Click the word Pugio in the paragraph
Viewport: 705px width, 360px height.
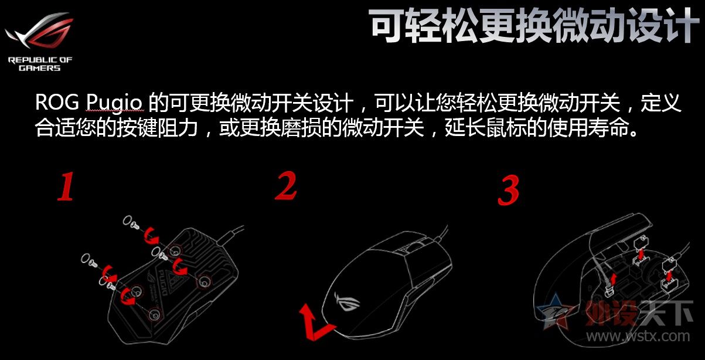114,103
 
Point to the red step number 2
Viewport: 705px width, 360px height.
286,186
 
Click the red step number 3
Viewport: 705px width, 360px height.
508,190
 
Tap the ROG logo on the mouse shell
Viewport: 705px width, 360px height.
348,304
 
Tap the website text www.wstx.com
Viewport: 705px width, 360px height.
638,336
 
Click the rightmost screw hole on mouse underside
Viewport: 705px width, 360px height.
203,281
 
